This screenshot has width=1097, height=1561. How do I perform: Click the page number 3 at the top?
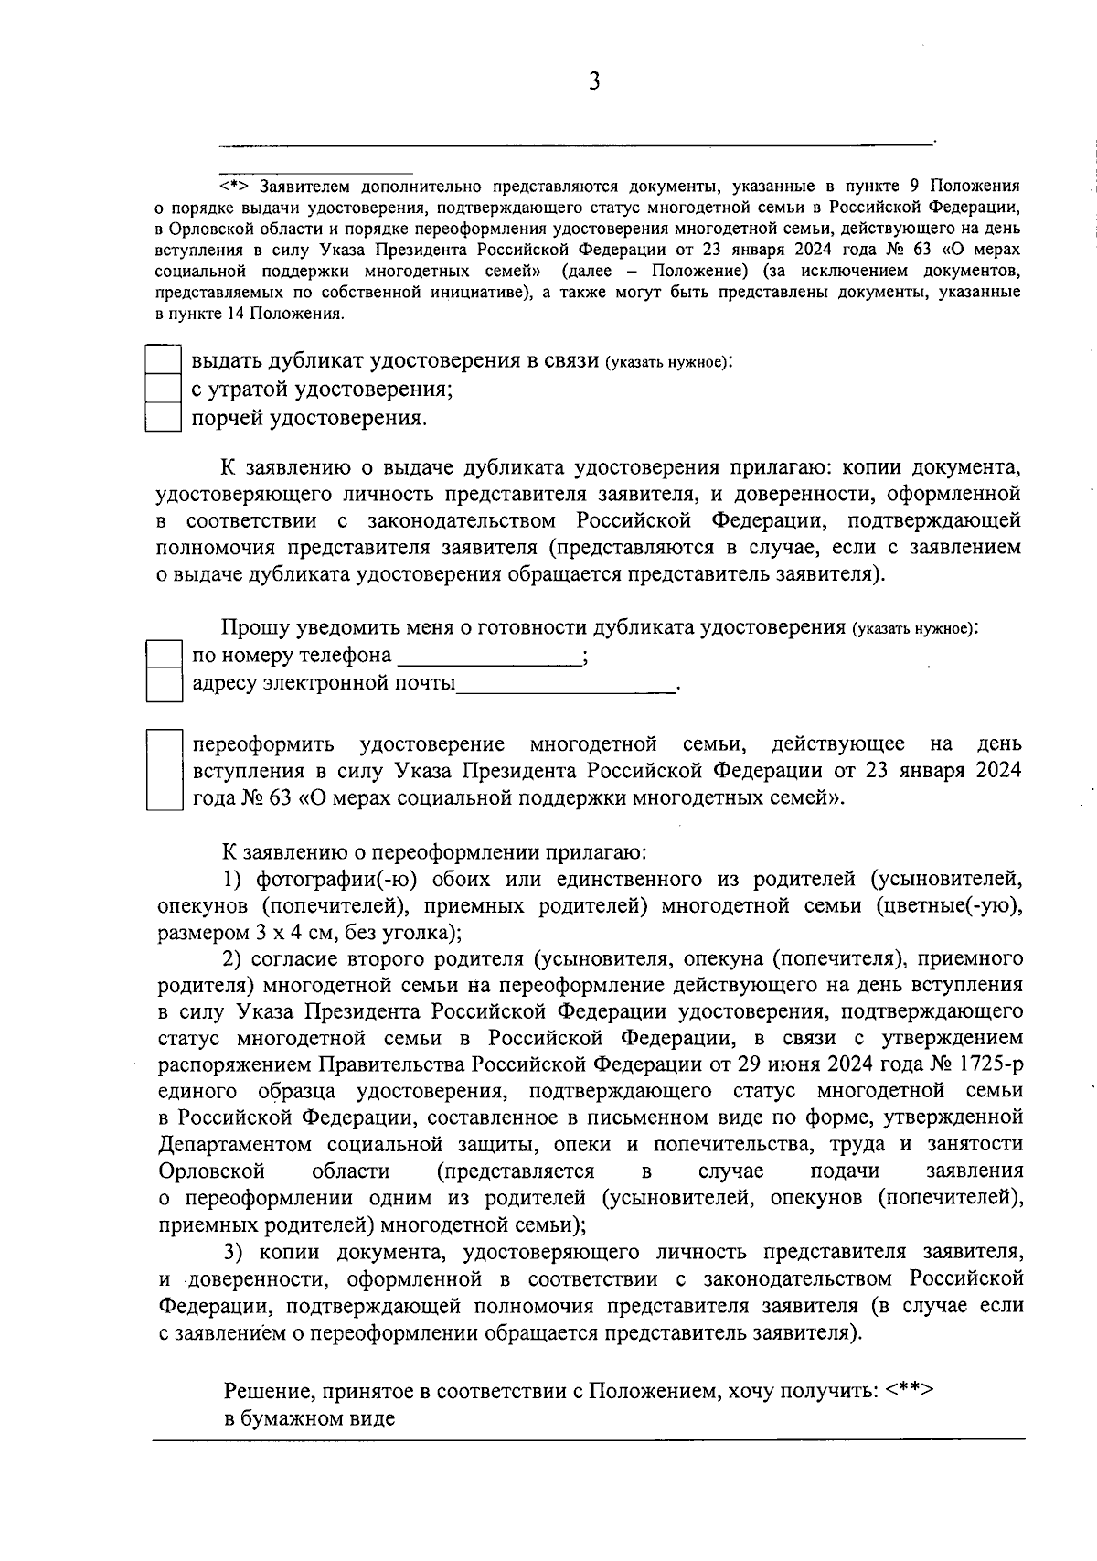[593, 82]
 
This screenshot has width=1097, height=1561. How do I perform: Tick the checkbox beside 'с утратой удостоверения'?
[165, 389]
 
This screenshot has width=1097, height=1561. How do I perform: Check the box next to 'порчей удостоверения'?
[165, 418]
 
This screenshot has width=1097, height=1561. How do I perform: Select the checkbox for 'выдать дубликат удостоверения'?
[165, 359]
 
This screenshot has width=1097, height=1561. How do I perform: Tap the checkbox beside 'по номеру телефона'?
[165, 655]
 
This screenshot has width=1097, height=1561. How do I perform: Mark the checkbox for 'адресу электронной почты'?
[165, 684]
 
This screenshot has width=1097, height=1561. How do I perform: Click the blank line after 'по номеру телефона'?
[489, 658]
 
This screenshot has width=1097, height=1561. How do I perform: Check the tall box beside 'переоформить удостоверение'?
[165, 769]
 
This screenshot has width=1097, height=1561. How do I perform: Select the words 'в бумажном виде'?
[310, 1419]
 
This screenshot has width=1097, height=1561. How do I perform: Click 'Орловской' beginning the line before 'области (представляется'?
[211, 1171]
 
